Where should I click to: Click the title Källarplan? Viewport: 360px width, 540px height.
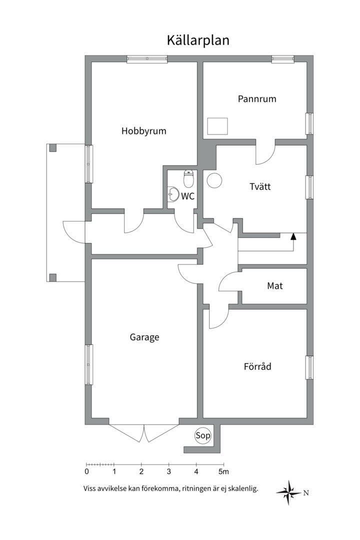click(198, 40)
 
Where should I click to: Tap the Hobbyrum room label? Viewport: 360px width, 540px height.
click(143, 131)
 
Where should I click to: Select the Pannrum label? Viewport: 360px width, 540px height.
click(257, 99)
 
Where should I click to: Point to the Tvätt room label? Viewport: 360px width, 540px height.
click(260, 186)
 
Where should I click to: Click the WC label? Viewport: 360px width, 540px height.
click(188, 196)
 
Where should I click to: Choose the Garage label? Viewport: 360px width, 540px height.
click(144, 337)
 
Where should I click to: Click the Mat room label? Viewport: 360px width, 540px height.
click(275, 285)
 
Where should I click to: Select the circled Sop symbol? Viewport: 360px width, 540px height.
click(202, 435)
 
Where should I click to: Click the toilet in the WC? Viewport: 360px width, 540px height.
click(188, 178)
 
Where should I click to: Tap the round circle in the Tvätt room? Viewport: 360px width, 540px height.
click(214, 180)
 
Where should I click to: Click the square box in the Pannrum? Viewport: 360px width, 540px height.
click(217, 126)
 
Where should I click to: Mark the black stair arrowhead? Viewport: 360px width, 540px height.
click(293, 236)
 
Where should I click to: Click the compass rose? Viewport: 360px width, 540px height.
click(288, 492)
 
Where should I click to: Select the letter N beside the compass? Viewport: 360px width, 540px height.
click(306, 493)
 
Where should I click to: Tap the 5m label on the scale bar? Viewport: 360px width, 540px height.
click(223, 471)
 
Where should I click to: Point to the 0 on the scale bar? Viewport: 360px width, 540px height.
click(86, 471)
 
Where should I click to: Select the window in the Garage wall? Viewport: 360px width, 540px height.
click(88, 364)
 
